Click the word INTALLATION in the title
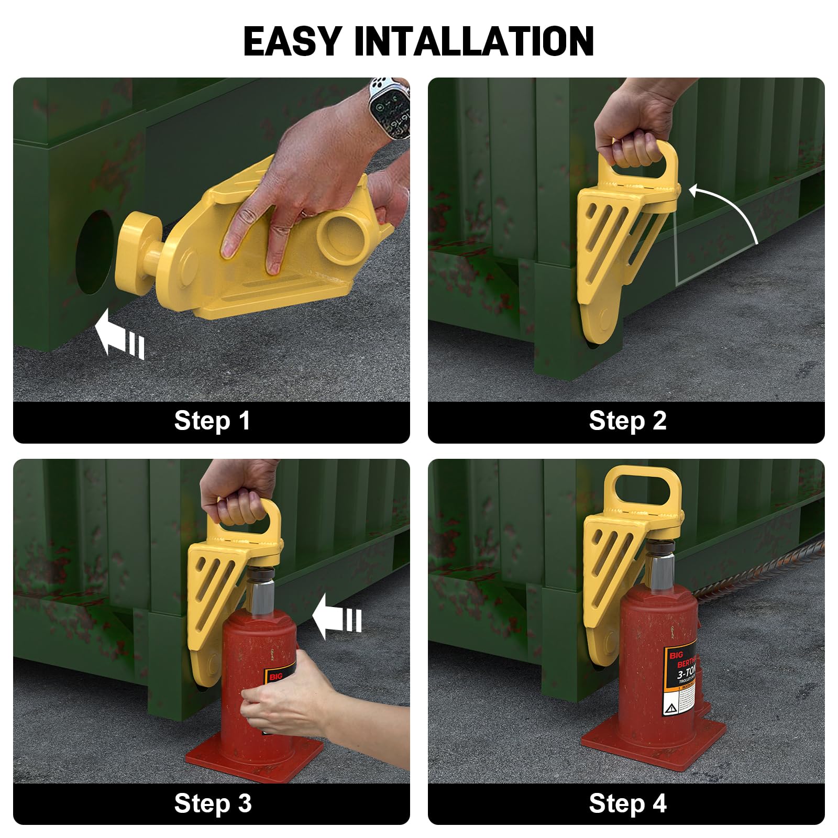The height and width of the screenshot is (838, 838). coord(474,41)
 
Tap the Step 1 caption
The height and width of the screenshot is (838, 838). coord(212,421)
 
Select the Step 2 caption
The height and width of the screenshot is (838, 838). coord(627,421)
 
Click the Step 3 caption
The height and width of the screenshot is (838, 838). coord(212,803)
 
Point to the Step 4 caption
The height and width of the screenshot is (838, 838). coord(627,803)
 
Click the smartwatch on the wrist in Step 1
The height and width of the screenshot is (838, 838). coord(389,108)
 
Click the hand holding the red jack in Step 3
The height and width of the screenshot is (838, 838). coord(293,691)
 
